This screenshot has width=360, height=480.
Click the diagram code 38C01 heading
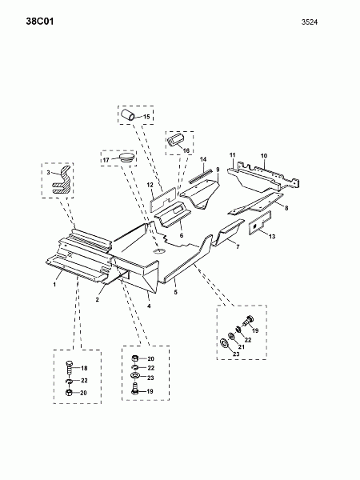40,22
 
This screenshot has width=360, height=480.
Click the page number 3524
310,22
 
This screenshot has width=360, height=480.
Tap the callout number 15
146,117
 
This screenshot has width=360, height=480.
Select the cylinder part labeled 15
128,114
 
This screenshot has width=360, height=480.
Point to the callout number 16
186,150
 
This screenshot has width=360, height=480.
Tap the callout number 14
203,159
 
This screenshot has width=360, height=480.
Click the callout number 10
264,156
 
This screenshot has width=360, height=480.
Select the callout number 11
233,155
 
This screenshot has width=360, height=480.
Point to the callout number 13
272,236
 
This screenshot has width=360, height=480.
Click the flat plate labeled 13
259,223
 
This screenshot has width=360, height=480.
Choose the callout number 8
286,208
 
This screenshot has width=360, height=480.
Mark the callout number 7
238,246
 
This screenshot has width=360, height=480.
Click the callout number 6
182,236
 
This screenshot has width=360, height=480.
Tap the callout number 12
150,185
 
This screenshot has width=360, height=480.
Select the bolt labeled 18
69,368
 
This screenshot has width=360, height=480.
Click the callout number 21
242,347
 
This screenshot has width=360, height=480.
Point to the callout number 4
149,306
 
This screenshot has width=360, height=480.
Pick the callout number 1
54,285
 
